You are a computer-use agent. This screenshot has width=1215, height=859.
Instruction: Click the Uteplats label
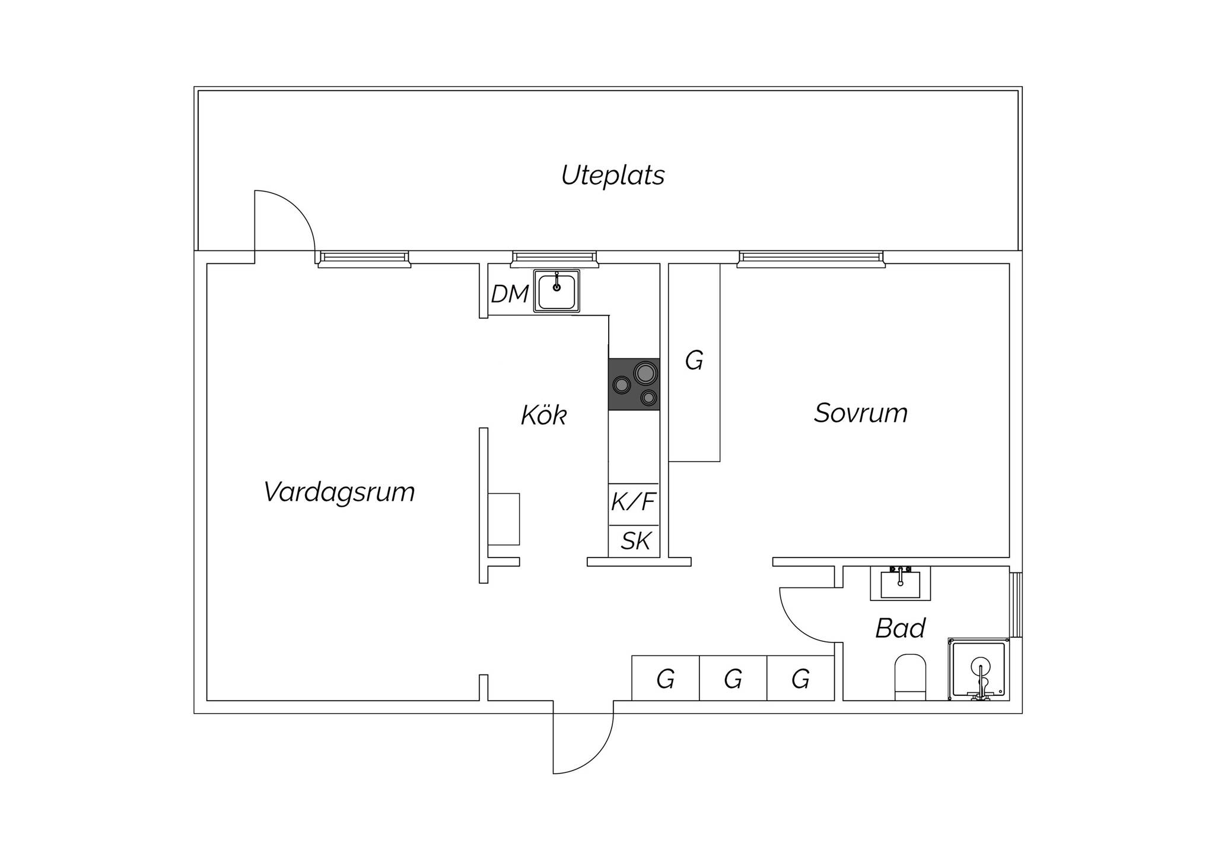tap(613, 176)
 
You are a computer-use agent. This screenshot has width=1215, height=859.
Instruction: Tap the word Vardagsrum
tap(339, 492)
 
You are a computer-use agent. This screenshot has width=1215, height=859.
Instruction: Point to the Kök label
tap(543, 415)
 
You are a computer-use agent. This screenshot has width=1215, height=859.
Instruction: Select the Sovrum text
tap(860, 413)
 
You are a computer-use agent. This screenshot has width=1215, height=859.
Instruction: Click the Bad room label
tap(900, 628)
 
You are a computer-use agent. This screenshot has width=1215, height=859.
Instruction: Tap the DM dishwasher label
tap(510, 294)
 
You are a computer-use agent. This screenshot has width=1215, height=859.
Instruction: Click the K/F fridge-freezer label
tap(634, 502)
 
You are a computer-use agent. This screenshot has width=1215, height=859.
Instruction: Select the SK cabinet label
tap(635, 541)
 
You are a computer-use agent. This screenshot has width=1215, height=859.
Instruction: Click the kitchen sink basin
tap(556, 291)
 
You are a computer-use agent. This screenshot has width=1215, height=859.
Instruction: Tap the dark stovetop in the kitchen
tap(634, 384)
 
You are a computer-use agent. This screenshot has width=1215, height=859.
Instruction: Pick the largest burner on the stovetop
tap(645, 373)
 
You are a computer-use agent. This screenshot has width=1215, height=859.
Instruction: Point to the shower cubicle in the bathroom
tap(978, 669)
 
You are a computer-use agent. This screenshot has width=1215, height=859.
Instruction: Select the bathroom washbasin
tap(900, 584)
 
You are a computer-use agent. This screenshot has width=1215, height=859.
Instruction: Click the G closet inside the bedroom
tap(694, 362)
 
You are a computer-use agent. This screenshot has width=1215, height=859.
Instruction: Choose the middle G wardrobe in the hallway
tap(733, 678)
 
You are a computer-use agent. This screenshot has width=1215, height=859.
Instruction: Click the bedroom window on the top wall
tap(811, 258)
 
